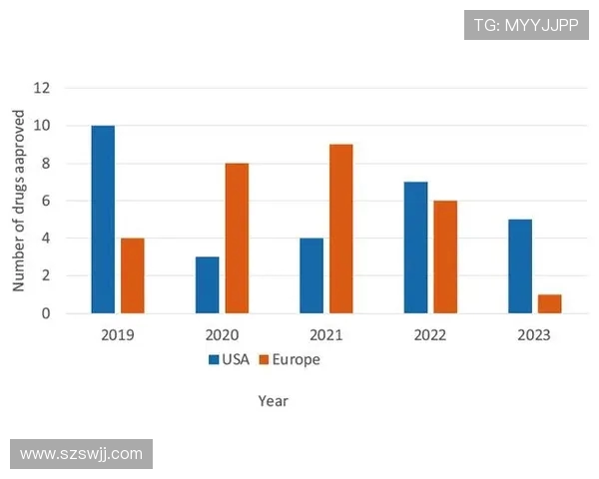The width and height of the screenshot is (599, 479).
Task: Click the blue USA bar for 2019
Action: tap(103, 220)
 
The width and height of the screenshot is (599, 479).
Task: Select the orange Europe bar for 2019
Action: tap(132, 275)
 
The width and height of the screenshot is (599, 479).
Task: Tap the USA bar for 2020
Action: tap(207, 285)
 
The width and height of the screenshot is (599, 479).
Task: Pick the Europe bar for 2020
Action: tap(237, 239)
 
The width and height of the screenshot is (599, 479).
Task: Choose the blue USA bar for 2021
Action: tap(311, 275)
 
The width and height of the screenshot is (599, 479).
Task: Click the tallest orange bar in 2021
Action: tap(340, 229)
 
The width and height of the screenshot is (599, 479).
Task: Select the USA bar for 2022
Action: tap(415, 247)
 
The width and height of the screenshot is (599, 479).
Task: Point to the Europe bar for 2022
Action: tap(445, 256)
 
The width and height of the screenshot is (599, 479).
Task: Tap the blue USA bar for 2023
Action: tap(520, 266)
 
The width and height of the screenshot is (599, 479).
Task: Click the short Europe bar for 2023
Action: tap(549, 303)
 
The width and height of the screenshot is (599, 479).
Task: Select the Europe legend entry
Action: tap(291, 359)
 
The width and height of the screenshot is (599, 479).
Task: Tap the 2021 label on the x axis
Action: tap(325, 334)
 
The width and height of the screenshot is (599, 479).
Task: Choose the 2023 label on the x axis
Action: tap(534, 334)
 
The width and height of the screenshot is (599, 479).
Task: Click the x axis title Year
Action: tap(273, 401)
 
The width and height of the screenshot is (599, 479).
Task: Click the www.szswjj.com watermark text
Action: tap(82, 454)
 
